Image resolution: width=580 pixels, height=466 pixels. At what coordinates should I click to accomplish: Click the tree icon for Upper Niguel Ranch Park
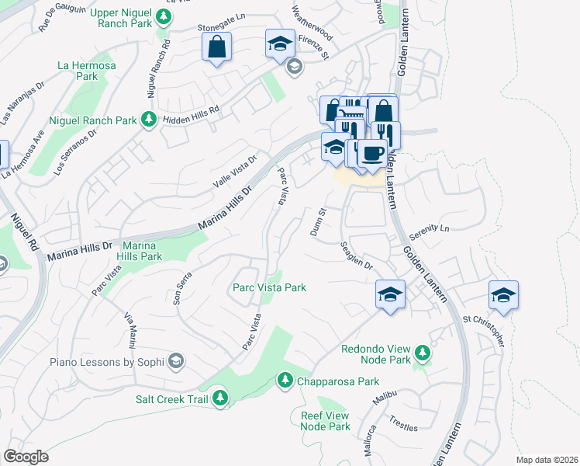coord(164,16)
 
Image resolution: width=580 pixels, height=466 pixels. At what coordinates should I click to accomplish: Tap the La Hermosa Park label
coord(87,71)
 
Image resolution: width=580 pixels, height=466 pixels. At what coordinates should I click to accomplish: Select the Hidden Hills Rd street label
coord(191,116)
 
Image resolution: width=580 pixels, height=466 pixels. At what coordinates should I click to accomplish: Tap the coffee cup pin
coord(371,152)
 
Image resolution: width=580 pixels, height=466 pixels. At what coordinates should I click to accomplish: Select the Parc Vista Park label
coord(270,287)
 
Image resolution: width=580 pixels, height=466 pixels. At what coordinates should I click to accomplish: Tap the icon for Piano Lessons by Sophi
coord(176,361)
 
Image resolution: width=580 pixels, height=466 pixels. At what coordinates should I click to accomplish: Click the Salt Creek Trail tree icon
coord(221,398)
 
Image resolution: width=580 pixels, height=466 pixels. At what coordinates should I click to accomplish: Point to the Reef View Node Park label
coord(326,421)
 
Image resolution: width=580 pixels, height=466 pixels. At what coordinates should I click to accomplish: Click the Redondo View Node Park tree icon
coord(422,354)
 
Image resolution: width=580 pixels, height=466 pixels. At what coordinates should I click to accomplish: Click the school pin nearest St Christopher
coord(503,295)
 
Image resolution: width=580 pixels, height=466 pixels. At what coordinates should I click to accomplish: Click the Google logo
coord(26,457)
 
